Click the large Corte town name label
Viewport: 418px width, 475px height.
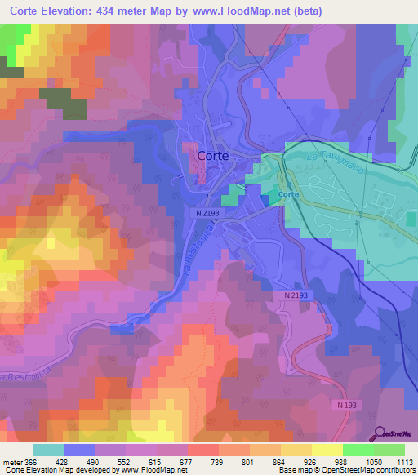click(211, 154)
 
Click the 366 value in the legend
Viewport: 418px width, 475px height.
click(27, 461)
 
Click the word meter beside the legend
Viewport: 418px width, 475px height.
click(11, 461)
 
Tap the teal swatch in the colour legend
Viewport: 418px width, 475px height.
click(48, 450)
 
